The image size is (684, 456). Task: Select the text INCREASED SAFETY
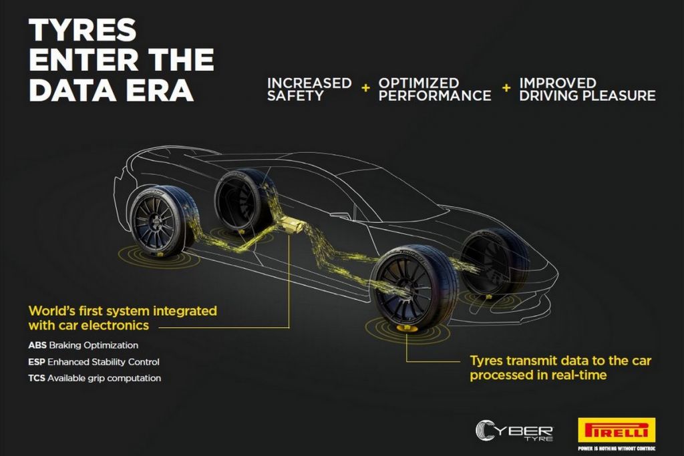click(x=309, y=89)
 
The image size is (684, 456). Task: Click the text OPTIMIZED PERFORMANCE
click(x=434, y=89)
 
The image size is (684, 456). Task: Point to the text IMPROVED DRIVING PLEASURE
click(x=587, y=89)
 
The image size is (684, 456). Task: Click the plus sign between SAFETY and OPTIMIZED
click(x=365, y=88)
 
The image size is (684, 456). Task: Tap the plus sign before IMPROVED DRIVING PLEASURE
click(x=506, y=88)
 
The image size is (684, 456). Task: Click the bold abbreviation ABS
click(x=37, y=345)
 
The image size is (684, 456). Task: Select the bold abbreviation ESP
click(x=37, y=362)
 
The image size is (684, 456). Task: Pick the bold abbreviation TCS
click(x=37, y=378)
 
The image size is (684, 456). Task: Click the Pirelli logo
click(x=617, y=431)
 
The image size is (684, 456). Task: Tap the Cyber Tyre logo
click(x=514, y=431)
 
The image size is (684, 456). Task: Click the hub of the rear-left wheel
click(x=155, y=224)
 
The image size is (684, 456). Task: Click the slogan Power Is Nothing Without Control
click(x=617, y=449)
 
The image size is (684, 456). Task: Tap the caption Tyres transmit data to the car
click(x=560, y=361)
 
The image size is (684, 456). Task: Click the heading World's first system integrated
click(x=123, y=311)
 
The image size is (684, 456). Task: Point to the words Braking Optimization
click(x=94, y=345)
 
